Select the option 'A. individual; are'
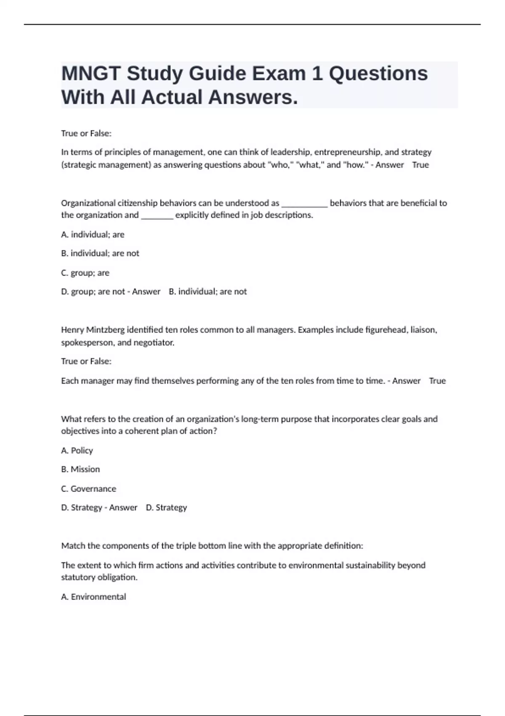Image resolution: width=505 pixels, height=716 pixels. coord(93,235)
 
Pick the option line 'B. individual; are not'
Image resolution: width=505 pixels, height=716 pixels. coord(100,254)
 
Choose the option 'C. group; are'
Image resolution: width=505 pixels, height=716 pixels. coord(85,273)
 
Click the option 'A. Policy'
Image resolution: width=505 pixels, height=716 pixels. coord(77,451)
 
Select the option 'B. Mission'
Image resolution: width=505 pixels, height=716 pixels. coord(80,469)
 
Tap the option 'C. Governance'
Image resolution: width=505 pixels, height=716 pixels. coord(88,489)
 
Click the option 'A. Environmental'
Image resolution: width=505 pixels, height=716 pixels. coord(93,597)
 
